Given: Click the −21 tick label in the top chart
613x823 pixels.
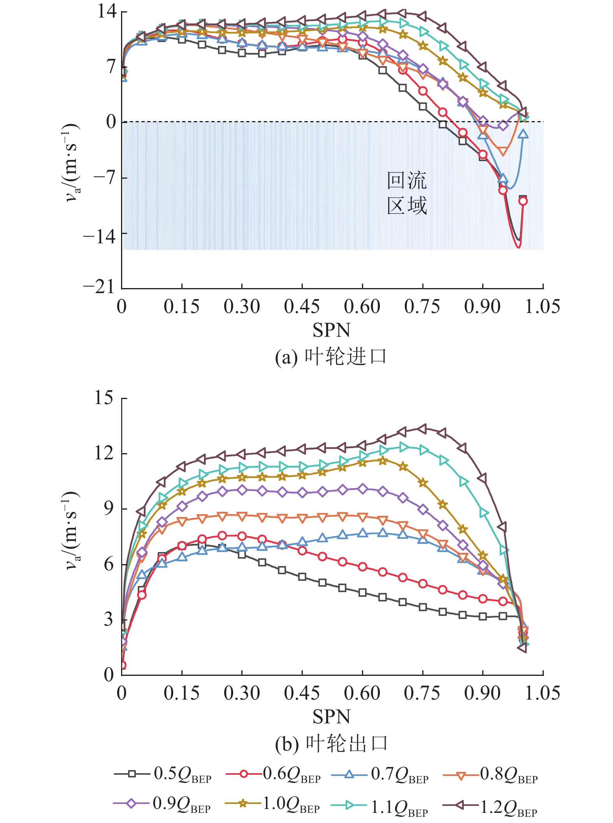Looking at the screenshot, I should pos(99,287).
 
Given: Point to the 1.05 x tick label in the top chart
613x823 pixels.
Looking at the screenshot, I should pos(543,306).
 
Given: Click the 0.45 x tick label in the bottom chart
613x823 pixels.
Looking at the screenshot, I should pos(302,693).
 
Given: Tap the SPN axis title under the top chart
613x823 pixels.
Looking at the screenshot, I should pos(332,330).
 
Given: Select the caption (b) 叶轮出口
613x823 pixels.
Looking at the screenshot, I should pos(331,744).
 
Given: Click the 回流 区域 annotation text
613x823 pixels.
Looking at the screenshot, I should pos(407,193).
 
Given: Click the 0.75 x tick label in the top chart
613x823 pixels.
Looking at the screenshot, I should pos(422,306).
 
